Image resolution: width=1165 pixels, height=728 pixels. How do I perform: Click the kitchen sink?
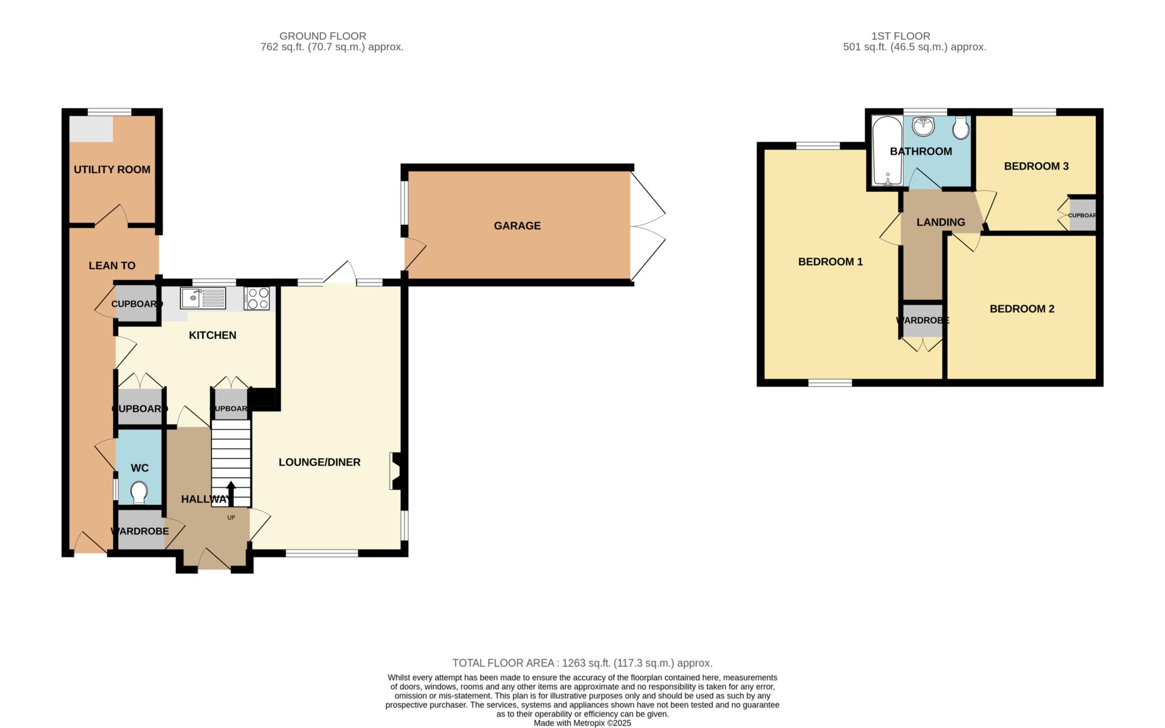coord(203,298)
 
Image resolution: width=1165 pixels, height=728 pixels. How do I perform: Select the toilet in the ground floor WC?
coord(139,492)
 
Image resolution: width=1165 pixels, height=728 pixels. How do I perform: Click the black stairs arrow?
coord(231,493)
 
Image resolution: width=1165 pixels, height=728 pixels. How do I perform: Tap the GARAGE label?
coord(517,226)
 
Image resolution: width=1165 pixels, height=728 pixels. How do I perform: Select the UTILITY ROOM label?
coord(112,170)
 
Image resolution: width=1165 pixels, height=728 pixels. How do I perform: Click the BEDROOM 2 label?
coord(1022,309)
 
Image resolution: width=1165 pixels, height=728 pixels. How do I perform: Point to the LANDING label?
coord(940,223)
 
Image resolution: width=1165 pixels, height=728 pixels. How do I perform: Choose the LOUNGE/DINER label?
coord(319,462)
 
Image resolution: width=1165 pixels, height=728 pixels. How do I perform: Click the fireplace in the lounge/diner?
coord(396,471)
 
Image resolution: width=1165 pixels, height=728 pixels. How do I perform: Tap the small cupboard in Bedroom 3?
coord(1083,215)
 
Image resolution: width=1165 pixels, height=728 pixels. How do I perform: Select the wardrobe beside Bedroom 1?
coord(922,320)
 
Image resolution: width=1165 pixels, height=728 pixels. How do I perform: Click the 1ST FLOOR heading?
coord(900,36)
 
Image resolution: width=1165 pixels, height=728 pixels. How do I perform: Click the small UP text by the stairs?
coord(231,517)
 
